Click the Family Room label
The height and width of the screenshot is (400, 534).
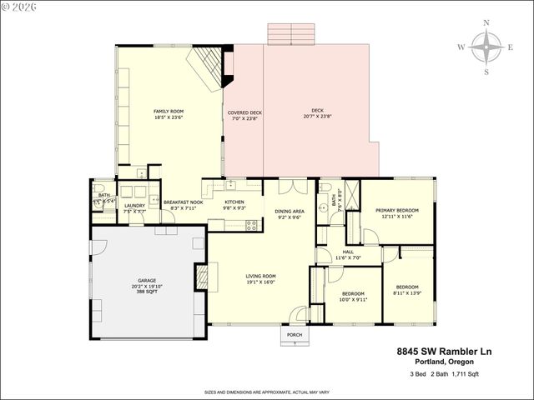(169, 114)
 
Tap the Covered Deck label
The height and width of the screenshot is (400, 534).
(244, 115)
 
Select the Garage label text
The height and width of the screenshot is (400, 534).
(147, 283)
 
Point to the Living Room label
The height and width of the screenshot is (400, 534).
(260, 278)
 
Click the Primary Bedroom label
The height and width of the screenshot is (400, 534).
(395, 213)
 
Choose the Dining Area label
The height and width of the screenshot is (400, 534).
(290, 214)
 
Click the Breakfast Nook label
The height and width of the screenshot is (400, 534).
(183, 206)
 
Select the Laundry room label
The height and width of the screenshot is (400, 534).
(135, 208)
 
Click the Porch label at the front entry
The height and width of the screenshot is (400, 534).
(294, 336)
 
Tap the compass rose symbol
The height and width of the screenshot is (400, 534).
(486, 47)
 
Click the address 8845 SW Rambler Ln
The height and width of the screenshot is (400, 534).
(444, 352)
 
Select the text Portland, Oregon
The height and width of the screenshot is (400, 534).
(444, 362)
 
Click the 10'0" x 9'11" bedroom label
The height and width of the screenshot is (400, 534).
(353, 296)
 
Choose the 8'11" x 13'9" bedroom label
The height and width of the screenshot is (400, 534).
(408, 289)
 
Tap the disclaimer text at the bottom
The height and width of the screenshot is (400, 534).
(266, 390)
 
